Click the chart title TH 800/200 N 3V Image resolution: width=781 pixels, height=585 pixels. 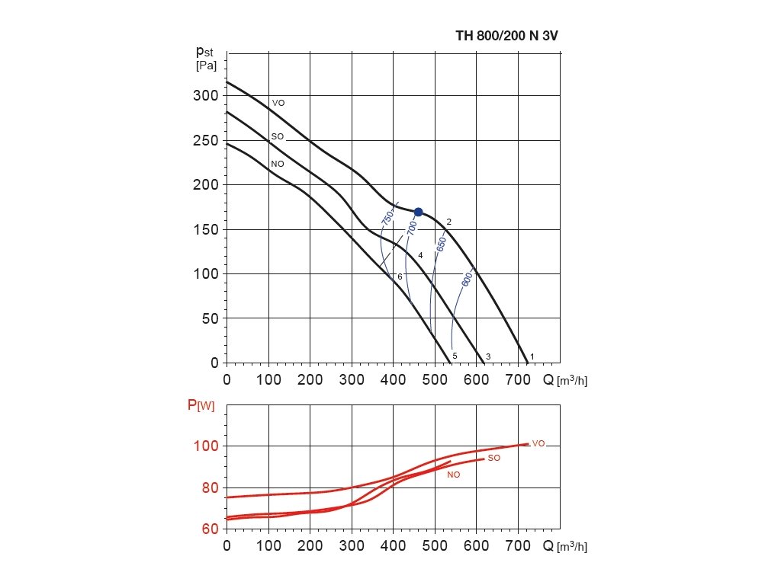513,35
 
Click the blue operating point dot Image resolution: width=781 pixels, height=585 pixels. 418,212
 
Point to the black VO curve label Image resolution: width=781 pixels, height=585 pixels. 278,102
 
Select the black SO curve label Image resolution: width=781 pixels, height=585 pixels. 278,136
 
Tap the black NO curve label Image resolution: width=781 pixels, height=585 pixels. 278,164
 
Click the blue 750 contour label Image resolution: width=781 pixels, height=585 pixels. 387,216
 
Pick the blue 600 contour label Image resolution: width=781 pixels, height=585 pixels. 467,280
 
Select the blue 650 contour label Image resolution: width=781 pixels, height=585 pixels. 441,244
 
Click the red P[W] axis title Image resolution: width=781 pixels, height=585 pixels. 201,405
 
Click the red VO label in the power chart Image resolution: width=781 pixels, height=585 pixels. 538,443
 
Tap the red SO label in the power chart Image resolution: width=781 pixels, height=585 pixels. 493,458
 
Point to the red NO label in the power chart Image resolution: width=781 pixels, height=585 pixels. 454,474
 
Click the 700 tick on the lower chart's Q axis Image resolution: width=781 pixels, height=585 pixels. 518,545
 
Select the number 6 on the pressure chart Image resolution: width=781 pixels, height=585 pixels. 400,277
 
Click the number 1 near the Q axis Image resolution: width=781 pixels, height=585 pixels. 532,356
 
